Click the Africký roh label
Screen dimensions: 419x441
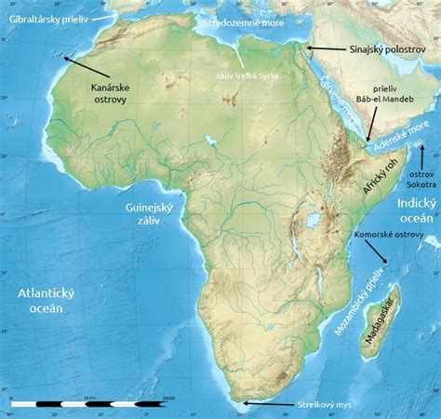[x=380, y=172]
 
